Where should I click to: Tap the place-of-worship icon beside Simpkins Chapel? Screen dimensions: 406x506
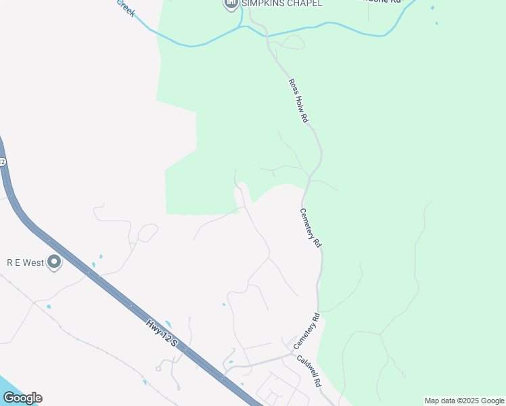[x=231, y=5]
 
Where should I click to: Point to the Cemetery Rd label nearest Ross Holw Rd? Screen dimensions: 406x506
[x=310, y=227]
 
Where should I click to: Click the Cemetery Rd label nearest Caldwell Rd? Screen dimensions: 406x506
[x=306, y=331]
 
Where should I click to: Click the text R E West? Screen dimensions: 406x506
[x=25, y=263]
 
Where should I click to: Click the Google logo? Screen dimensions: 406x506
[x=22, y=398]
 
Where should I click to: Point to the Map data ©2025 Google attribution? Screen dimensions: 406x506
[x=464, y=401]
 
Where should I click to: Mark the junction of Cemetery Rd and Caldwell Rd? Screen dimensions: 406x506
[x=294, y=353]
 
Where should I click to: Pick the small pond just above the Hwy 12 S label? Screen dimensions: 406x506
[x=168, y=324]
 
